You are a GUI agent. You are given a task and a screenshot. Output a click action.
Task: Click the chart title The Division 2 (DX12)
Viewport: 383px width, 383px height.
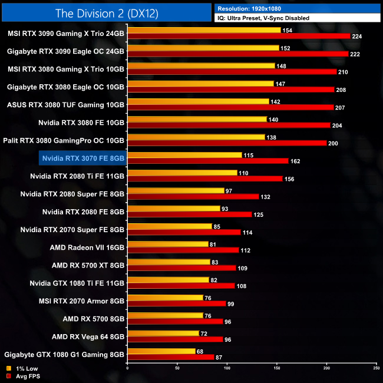coord(106,12)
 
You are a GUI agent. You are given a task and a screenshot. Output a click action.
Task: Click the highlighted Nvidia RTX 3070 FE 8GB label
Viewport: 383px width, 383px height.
coord(83,158)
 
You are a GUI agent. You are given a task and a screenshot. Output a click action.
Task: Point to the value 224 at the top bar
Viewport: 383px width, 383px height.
coord(356,37)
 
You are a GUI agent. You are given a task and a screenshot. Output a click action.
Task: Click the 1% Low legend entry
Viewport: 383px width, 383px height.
coord(24,368)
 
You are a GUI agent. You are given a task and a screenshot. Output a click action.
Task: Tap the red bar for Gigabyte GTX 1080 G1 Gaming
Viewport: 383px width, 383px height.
coord(171,357)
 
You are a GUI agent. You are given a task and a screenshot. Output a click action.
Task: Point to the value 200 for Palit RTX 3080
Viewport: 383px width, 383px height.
coord(334,143)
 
